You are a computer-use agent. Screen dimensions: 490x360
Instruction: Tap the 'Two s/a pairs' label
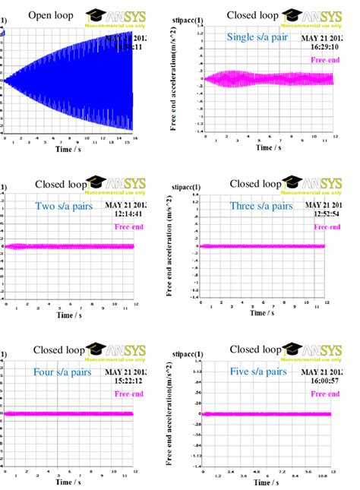pyautogui.click(x=64, y=205)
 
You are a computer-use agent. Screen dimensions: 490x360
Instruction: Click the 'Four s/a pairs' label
pyautogui.click(x=62, y=372)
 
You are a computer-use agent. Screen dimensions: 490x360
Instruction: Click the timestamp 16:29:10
pyautogui.click(x=318, y=46)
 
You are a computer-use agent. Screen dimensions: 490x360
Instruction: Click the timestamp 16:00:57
pyautogui.click(x=318, y=381)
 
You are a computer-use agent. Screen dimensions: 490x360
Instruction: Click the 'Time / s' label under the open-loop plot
pyautogui.click(x=68, y=150)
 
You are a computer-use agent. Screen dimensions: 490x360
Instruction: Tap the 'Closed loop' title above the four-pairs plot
pyautogui.click(x=59, y=350)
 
